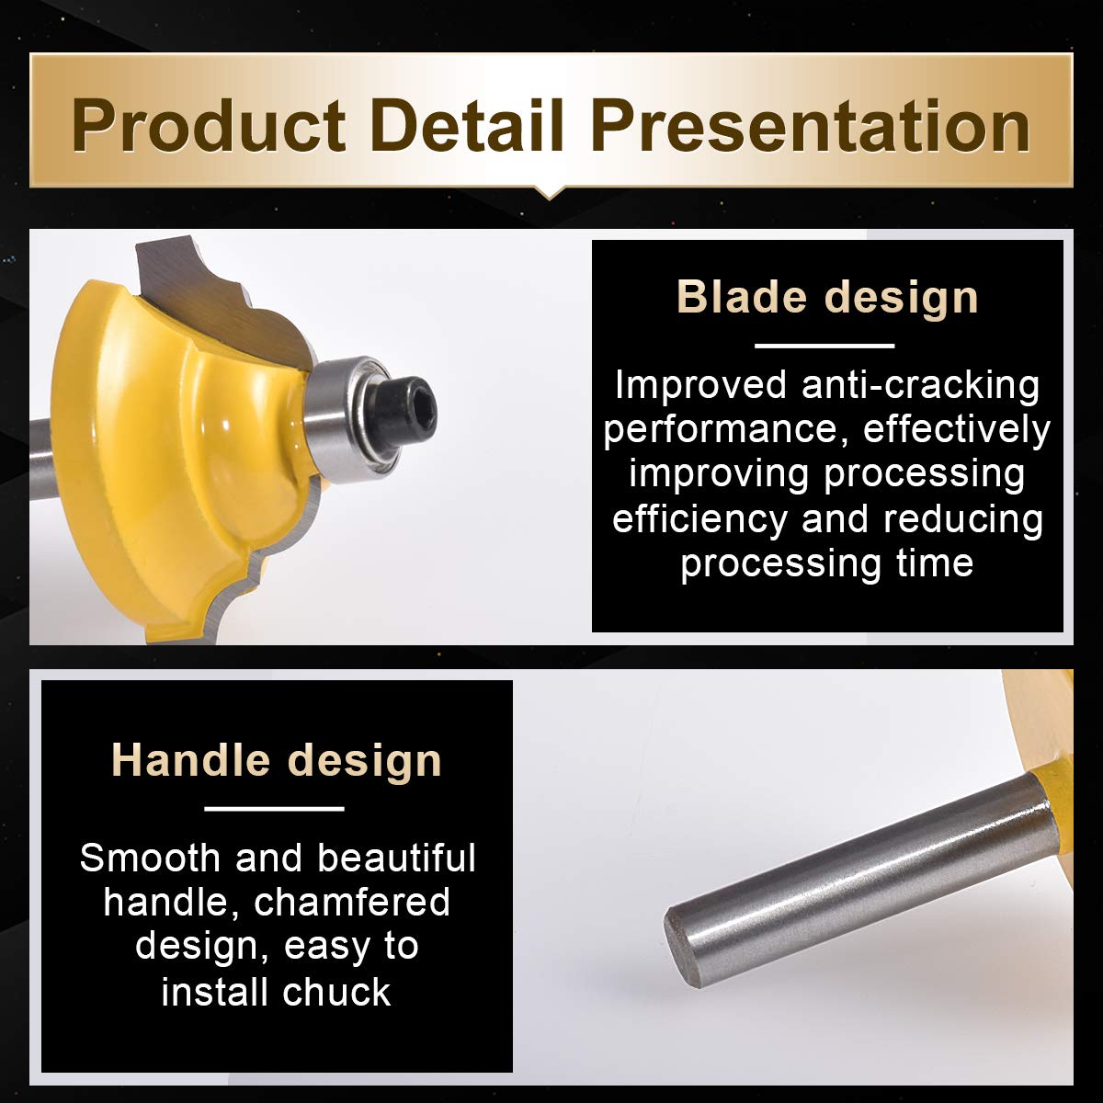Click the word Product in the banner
point(209,125)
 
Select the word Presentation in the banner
point(811,125)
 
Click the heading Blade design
point(827,297)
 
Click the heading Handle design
point(277,760)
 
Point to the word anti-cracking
point(920,384)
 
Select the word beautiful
point(397,858)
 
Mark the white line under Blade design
point(824,346)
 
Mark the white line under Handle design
point(274,809)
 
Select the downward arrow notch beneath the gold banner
point(550,193)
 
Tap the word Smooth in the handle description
point(150,858)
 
